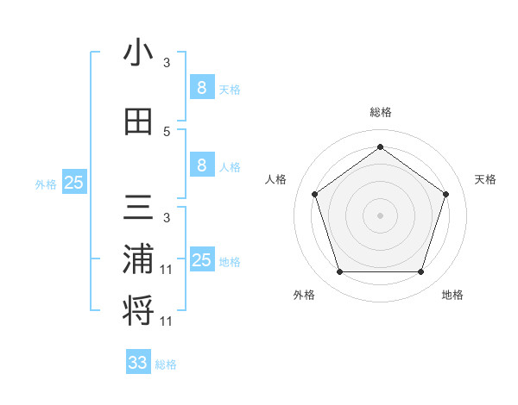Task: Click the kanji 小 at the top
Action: point(139,53)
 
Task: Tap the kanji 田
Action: point(139,121)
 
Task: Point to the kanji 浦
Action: point(139,260)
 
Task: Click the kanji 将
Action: point(139,310)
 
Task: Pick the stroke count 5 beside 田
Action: point(167,131)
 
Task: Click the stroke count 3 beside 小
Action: point(167,63)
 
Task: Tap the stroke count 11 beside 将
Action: point(167,321)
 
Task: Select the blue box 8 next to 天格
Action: point(201,87)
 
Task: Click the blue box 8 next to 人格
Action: point(201,165)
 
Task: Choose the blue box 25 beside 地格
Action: point(202,260)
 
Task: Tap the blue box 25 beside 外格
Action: point(73,183)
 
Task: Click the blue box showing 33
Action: point(138,363)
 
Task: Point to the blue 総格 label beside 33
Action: point(167,364)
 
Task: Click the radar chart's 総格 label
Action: point(380,113)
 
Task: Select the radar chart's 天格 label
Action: point(485,179)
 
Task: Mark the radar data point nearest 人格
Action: point(314,194)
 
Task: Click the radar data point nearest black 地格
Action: point(420,272)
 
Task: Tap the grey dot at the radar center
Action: point(380,215)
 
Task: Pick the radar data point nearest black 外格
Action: point(339,272)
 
